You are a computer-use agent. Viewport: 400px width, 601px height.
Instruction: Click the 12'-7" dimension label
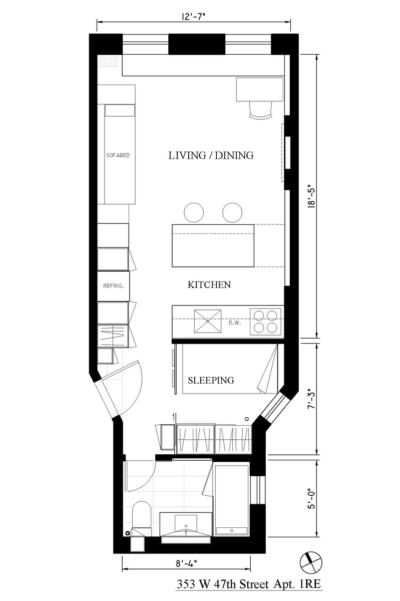[193, 17]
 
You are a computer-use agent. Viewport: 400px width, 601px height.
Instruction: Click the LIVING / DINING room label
[211, 156]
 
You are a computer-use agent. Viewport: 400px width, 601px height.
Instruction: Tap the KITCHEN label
[209, 284]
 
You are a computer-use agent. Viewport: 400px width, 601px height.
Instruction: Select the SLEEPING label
[211, 380]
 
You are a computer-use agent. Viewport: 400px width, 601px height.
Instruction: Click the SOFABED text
[118, 155]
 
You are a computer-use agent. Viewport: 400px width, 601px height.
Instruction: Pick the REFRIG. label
[114, 286]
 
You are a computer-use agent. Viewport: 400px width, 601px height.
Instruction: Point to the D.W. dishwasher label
[235, 323]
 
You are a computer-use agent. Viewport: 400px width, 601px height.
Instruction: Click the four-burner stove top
[266, 322]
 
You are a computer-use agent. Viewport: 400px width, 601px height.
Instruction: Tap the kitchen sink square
[208, 322]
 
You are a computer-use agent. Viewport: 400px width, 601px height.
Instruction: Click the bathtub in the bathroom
[232, 500]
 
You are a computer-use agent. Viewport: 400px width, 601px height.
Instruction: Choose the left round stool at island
[194, 212]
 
